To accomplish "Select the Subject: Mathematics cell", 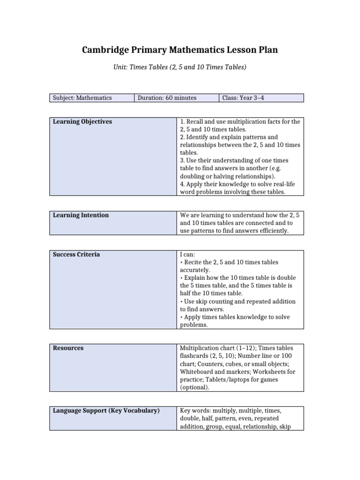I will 82,98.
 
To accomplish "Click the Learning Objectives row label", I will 82,122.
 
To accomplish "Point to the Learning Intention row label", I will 81,216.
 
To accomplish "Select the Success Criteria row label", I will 76,255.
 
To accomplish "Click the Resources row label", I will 68,348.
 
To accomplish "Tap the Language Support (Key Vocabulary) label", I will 106,411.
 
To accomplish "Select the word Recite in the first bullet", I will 193,262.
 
